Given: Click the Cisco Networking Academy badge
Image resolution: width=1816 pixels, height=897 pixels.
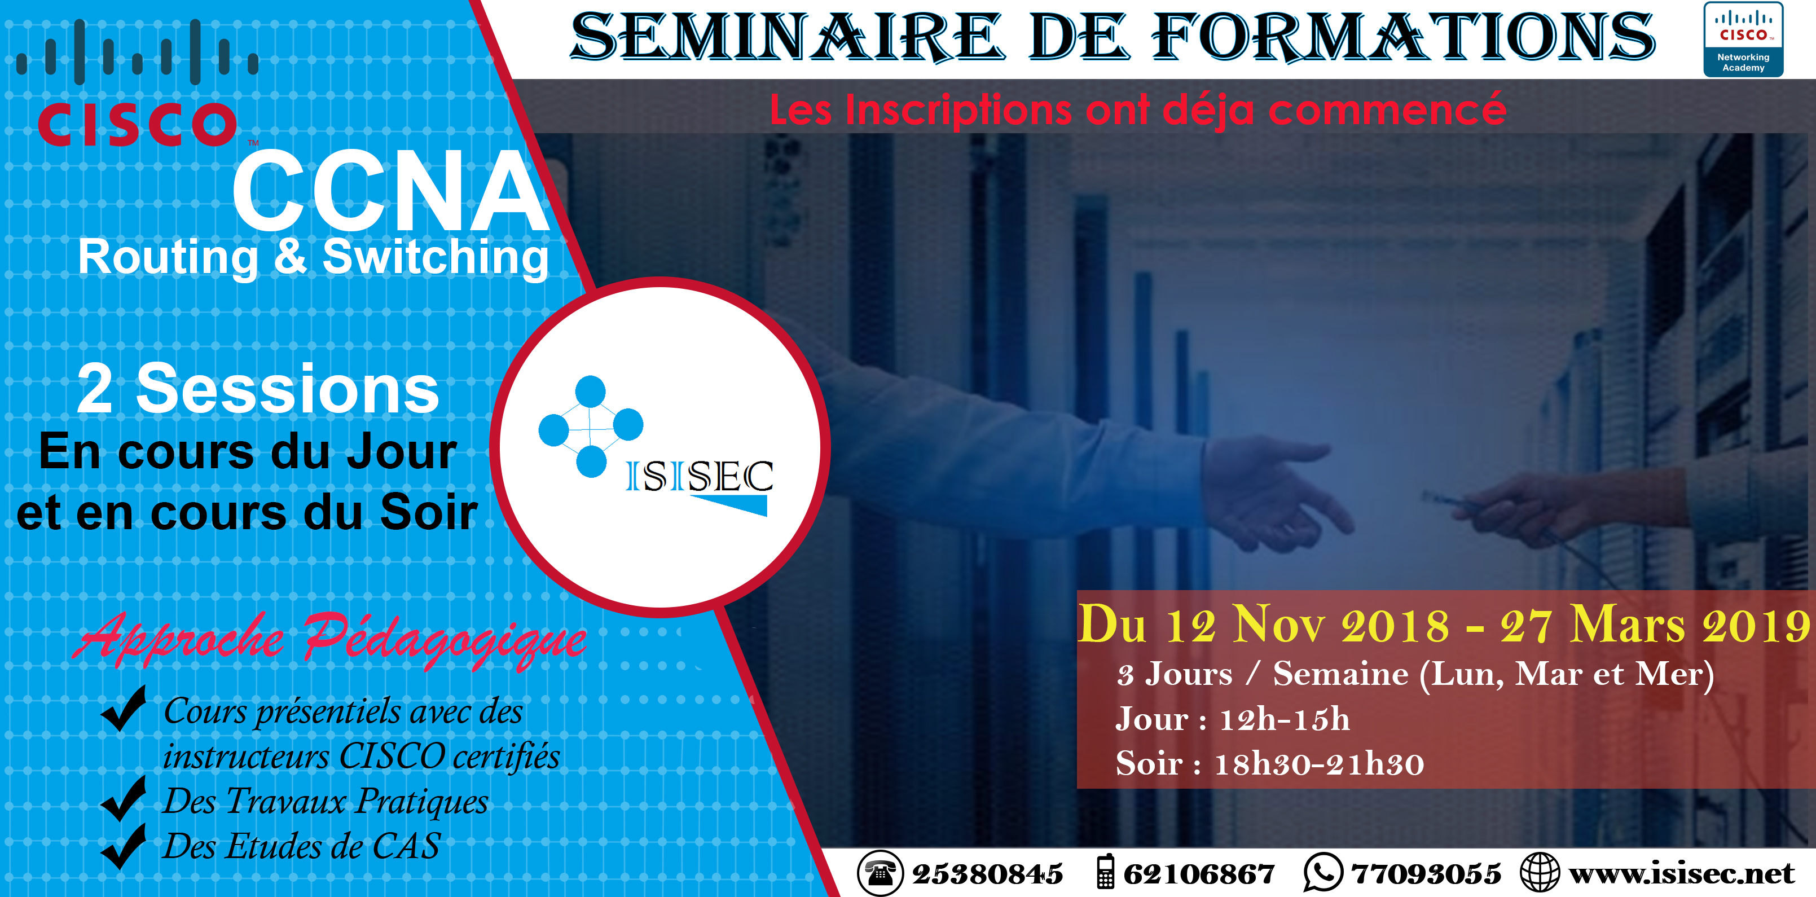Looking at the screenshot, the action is (1743, 39).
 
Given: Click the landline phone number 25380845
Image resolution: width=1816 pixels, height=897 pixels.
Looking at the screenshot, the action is (987, 874).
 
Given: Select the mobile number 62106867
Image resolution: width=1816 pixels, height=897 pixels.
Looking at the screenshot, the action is (1198, 874).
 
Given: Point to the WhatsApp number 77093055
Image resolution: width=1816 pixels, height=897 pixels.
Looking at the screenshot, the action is (1426, 874).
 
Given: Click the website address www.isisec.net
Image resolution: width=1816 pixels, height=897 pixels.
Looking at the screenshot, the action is (1681, 874).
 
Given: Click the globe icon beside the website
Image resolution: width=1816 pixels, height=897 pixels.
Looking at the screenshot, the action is (1540, 872).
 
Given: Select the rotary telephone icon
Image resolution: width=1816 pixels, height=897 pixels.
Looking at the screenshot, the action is (880, 873).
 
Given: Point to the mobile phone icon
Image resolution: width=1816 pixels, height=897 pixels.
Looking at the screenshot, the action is (1105, 872).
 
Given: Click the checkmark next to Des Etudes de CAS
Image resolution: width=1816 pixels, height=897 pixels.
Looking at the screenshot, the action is (124, 846).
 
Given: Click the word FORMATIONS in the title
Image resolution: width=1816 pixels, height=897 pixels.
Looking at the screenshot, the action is (1403, 37).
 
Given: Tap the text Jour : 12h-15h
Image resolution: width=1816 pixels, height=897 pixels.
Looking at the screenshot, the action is (1232, 719).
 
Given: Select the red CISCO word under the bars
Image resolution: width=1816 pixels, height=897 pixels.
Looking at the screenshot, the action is (138, 125).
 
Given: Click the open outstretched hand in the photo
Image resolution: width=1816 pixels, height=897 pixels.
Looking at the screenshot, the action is (1276, 494).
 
